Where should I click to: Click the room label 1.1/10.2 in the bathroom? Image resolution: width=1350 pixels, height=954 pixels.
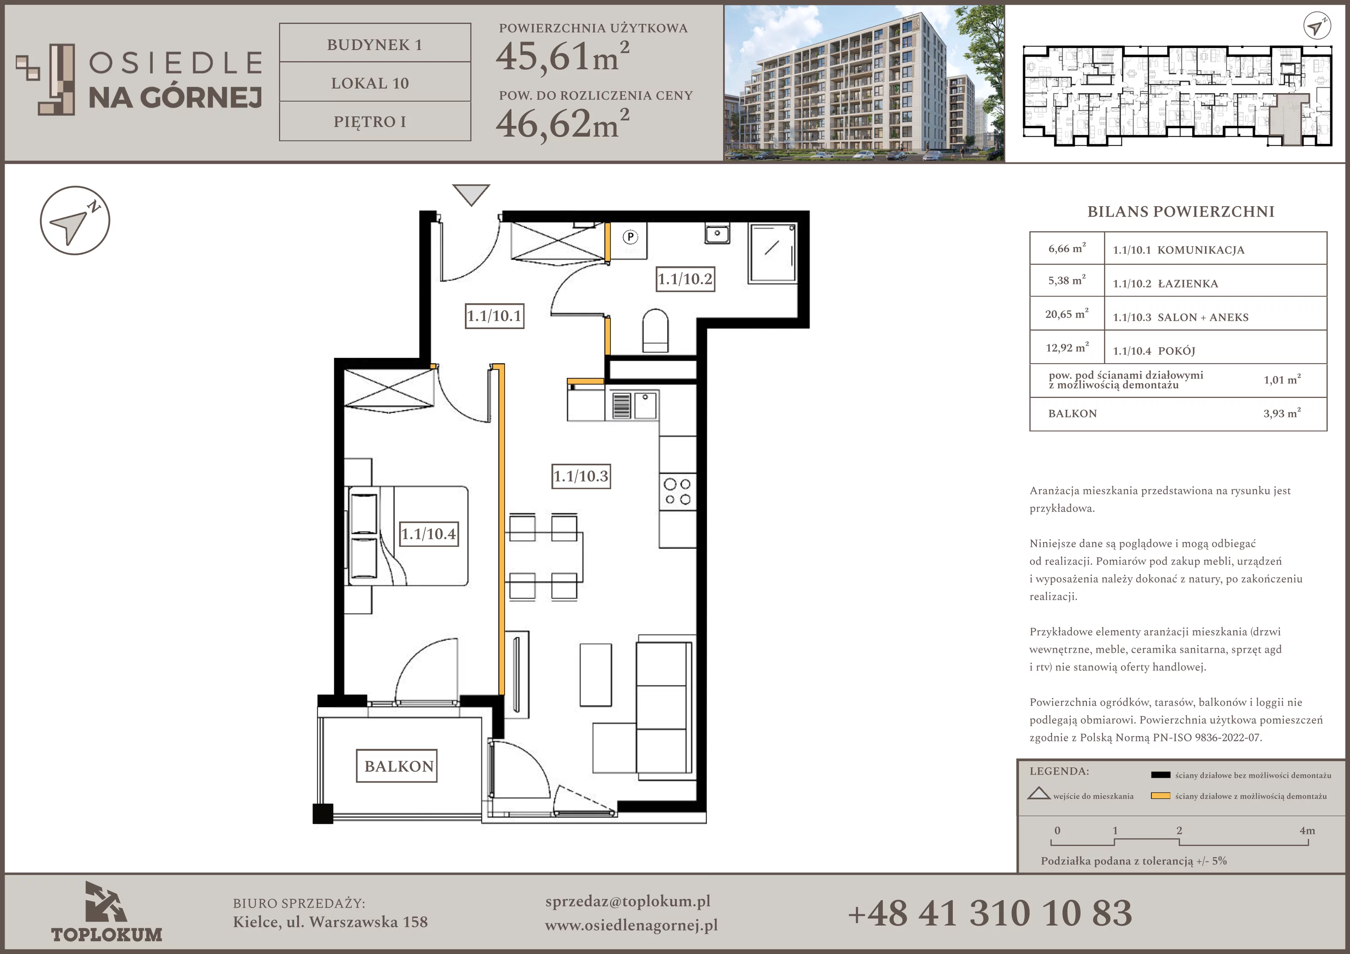(x=685, y=279)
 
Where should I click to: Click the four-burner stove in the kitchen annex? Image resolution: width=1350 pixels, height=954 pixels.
(x=678, y=492)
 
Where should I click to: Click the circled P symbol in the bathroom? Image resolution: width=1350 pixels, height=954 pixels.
(x=630, y=237)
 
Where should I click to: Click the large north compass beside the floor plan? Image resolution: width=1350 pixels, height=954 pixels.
(x=75, y=221)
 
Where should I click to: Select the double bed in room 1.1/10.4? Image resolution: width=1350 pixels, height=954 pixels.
(x=408, y=536)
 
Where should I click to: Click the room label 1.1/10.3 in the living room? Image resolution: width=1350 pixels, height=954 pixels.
(x=581, y=476)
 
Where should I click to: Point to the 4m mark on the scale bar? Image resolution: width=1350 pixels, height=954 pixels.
(x=1307, y=830)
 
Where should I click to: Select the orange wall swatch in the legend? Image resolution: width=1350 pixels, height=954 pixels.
(x=1161, y=796)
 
